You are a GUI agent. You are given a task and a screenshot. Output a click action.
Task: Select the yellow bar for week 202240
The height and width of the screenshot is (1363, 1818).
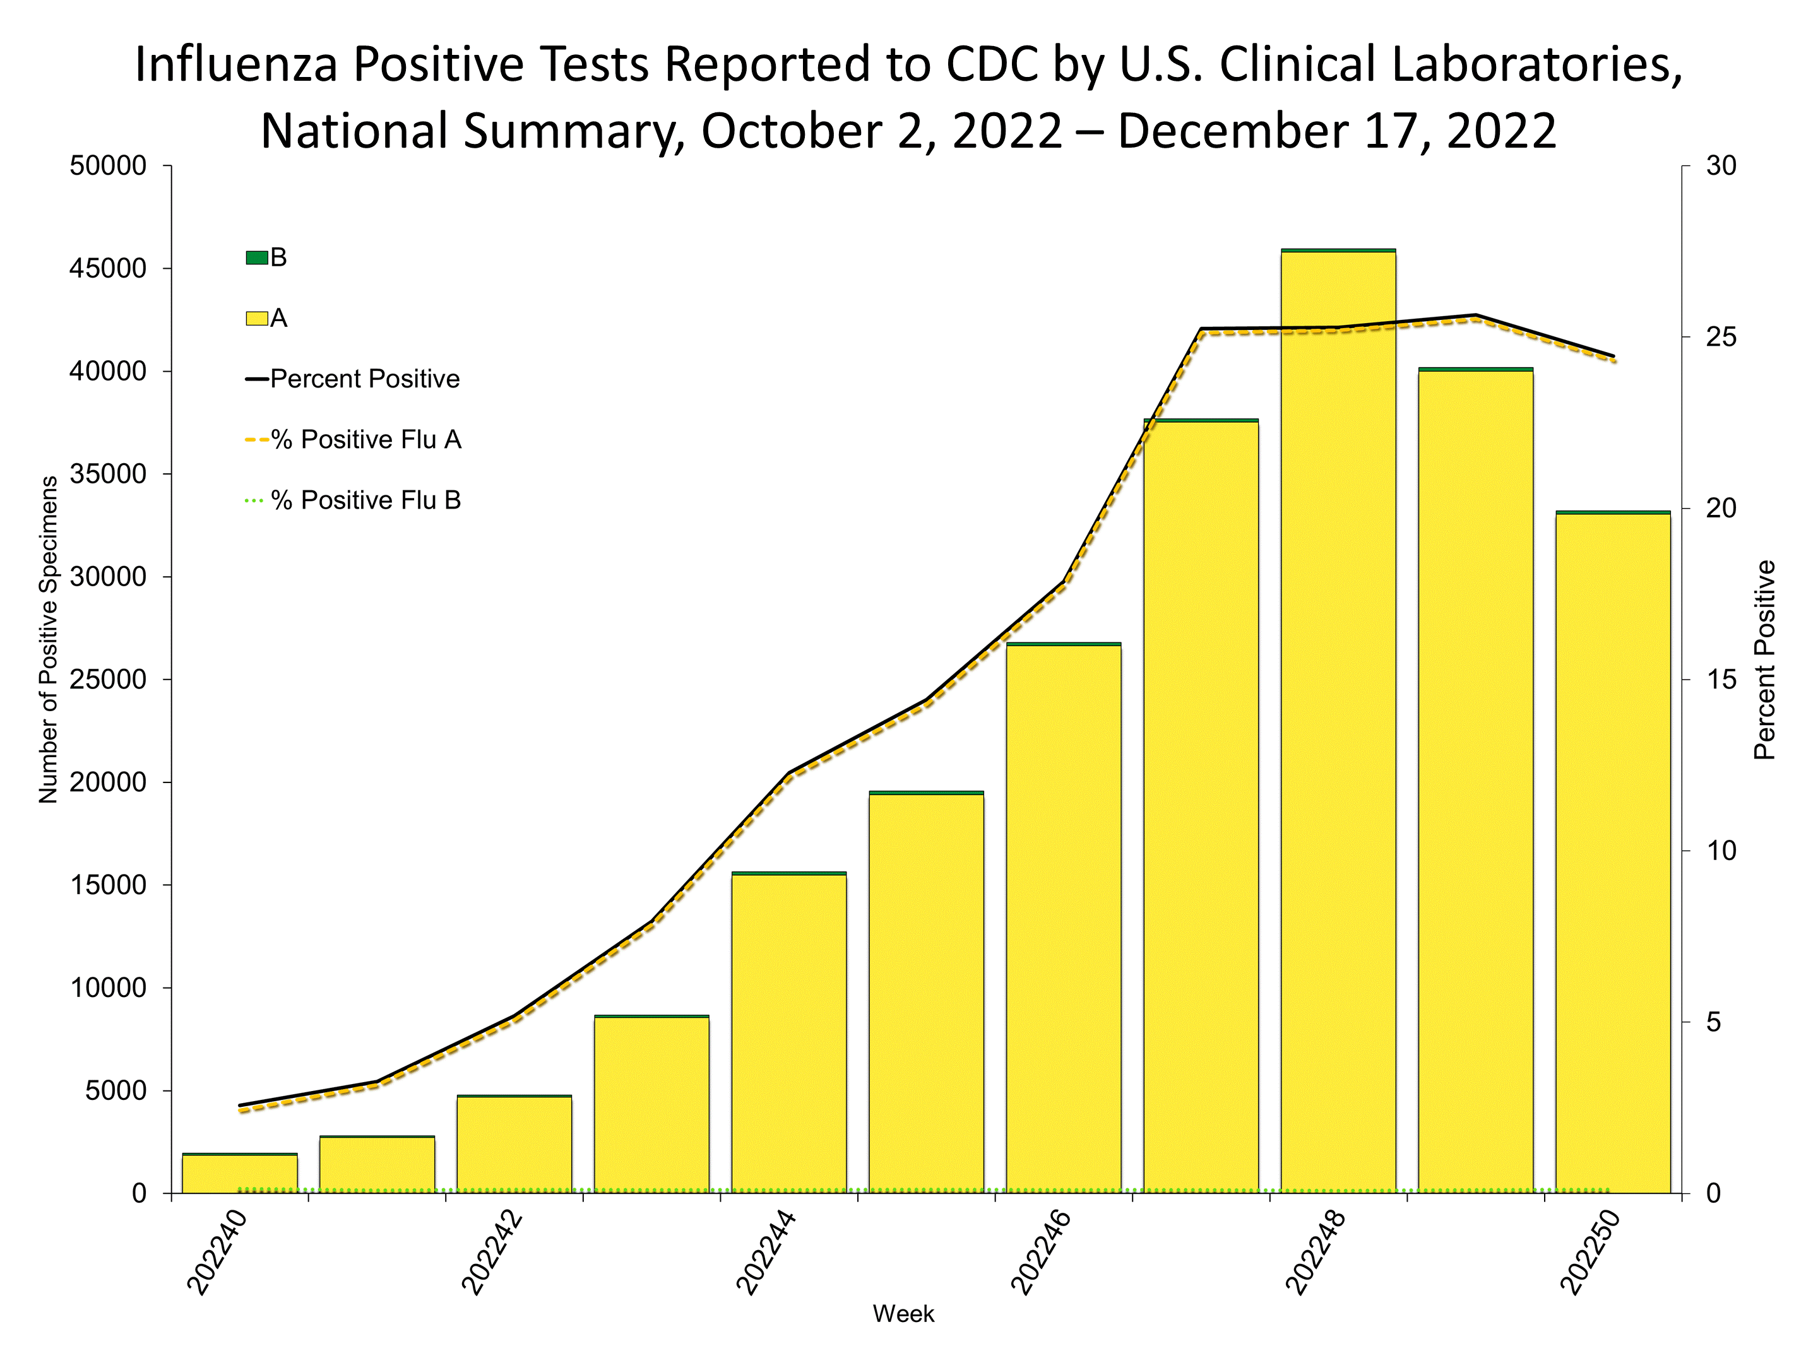tap(239, 1174)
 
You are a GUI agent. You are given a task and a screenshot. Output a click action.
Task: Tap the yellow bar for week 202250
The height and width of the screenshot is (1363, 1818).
tap(1613, 854)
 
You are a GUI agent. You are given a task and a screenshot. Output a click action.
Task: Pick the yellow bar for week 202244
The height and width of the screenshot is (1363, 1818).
tap(789, 1036)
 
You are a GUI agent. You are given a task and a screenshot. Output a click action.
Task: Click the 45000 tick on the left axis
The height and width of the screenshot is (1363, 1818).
tap(109, 269)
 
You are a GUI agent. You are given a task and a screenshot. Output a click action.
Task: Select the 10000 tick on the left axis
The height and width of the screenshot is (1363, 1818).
tap(109, 988)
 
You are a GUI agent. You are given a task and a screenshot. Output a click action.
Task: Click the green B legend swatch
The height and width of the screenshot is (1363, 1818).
tap(256, 258)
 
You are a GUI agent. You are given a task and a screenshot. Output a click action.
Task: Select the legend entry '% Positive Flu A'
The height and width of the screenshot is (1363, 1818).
tap(365, 440)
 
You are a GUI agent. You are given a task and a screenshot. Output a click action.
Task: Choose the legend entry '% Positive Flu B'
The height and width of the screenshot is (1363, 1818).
tap(365, 500)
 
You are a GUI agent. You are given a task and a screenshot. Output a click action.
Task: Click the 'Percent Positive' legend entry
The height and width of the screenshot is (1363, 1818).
tap(364, 379)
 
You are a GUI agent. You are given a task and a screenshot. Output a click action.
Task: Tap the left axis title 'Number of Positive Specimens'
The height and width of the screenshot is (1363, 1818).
tap(49, 639)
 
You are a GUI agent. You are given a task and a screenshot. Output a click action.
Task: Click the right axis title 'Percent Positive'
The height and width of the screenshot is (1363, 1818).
tap(1764, 659)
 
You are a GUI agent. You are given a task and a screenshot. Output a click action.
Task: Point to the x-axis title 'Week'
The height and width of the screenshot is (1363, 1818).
tap(903, 1314)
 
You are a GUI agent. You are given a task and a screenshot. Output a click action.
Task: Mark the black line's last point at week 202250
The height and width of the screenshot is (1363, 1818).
tap(1613, 356)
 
